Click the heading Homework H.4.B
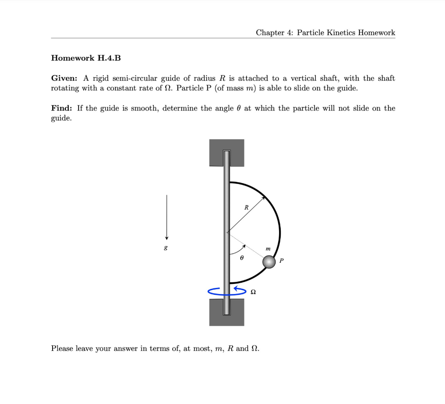coord(86,58)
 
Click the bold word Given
coord(64,78)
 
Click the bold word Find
coord(62,108)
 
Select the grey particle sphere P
coord(269,262)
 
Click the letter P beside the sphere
coord(282,261)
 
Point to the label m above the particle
coord(268,249)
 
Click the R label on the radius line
coord(246,208)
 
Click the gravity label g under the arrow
coord(166,247)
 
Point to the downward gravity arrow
coord(166,217)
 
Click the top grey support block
coord(226,152)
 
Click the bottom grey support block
coord(226,313)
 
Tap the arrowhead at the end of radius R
coord(264,198)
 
